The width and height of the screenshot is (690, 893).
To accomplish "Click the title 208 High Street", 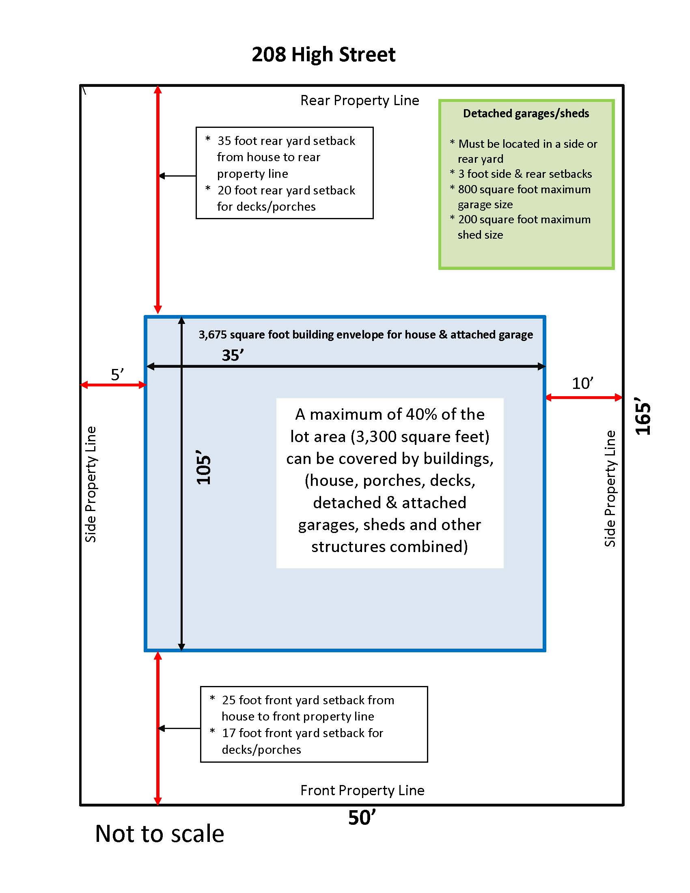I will click(323, 55).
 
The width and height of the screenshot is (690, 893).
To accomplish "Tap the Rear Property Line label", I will click(359, 101).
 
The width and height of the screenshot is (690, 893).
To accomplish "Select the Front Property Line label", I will click(362, 790).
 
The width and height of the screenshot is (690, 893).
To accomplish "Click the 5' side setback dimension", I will click(117, 375).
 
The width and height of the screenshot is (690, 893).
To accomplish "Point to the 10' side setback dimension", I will click(582, 384).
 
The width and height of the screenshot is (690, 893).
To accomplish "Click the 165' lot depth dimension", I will click(643, 416).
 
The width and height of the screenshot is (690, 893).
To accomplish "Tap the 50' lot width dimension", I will click(361, 818).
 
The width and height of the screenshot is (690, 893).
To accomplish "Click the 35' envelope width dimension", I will click(233, 355).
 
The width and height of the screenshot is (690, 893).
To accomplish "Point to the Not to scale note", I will click(160, 834).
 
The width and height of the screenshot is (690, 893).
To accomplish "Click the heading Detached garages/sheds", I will click(526, 113).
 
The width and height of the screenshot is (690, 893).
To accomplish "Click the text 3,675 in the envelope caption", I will click(213, 334).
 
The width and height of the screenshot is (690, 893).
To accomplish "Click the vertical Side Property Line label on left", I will click(91, 484).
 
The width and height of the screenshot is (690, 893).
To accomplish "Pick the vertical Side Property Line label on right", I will click(610, 488).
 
